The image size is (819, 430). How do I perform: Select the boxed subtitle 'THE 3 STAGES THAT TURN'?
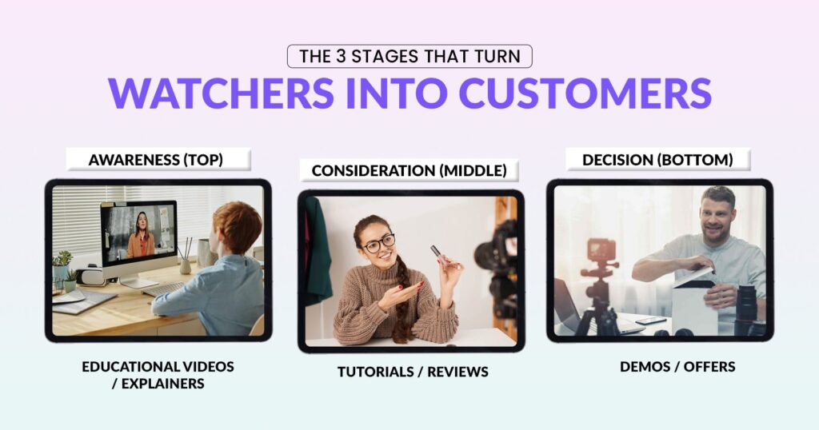tap(409, 57)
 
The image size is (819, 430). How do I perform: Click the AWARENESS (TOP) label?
tap(156, 159)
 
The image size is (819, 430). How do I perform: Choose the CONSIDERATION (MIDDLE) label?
tap(408, 170)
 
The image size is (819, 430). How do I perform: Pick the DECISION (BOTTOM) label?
tap(657, 159)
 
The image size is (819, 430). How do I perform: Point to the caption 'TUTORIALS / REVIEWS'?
tap(412, 372)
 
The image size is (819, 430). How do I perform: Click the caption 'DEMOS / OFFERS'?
tap(677, 367)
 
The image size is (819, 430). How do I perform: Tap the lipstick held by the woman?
tap(438, 255)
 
